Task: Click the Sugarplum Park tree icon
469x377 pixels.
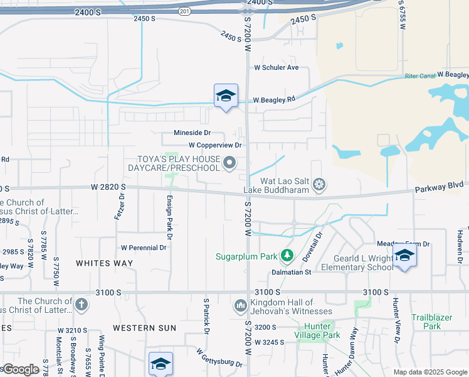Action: point(287,256)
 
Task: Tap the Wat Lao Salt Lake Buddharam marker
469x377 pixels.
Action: point(319,184)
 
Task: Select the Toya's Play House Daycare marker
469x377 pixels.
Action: point(230,164)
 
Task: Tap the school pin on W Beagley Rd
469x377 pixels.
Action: point(226,96)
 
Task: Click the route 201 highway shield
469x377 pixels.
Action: point(184,11)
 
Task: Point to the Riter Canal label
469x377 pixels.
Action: point(419,76)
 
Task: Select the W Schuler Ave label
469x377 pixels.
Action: point(276,67)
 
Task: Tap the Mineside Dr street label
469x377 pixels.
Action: point(192,133)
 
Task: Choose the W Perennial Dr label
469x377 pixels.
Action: point(144,248)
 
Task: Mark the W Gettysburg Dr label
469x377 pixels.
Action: point(219,359)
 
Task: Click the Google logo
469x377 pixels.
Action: point(21,369)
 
